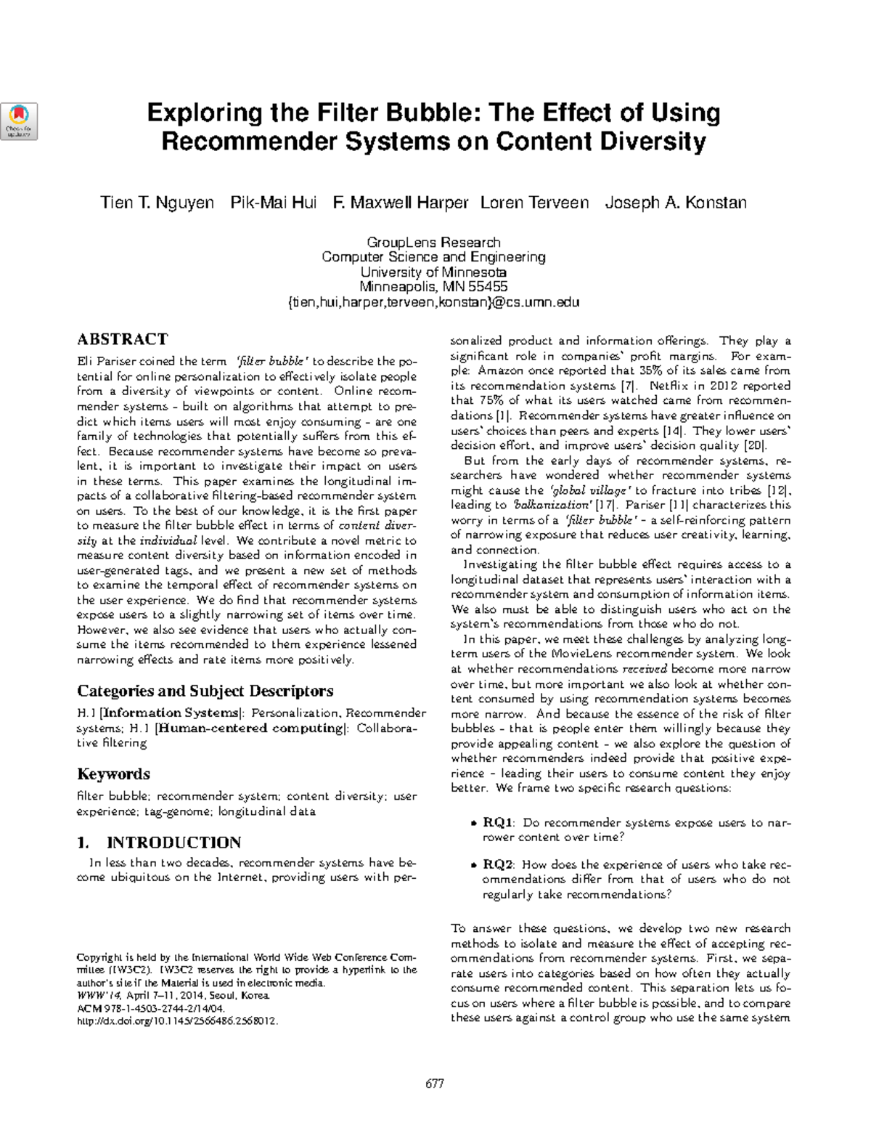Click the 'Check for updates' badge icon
(x=20, y=121)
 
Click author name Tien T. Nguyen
(x=157, y=203)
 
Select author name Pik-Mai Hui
(x=274, y=203)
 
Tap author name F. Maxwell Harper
(x=400, y=203)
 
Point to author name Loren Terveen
(x=534, y=203)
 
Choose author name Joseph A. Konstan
(x=675, y=203)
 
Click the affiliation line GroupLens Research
(x=433, y=243)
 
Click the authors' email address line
(x=433, y=302)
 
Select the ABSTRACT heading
(x=122, y=339)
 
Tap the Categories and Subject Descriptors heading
(x=205, y=691)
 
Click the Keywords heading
(x=113, y=774)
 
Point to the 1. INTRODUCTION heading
(x=159, y=843)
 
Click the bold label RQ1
(x=499, y=823)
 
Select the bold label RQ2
(x=499, y=864)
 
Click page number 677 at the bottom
(x=434, y=1084)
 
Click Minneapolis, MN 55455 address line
(x=433, y=287)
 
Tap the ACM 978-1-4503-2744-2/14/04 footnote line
(x=151, y=1009)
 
